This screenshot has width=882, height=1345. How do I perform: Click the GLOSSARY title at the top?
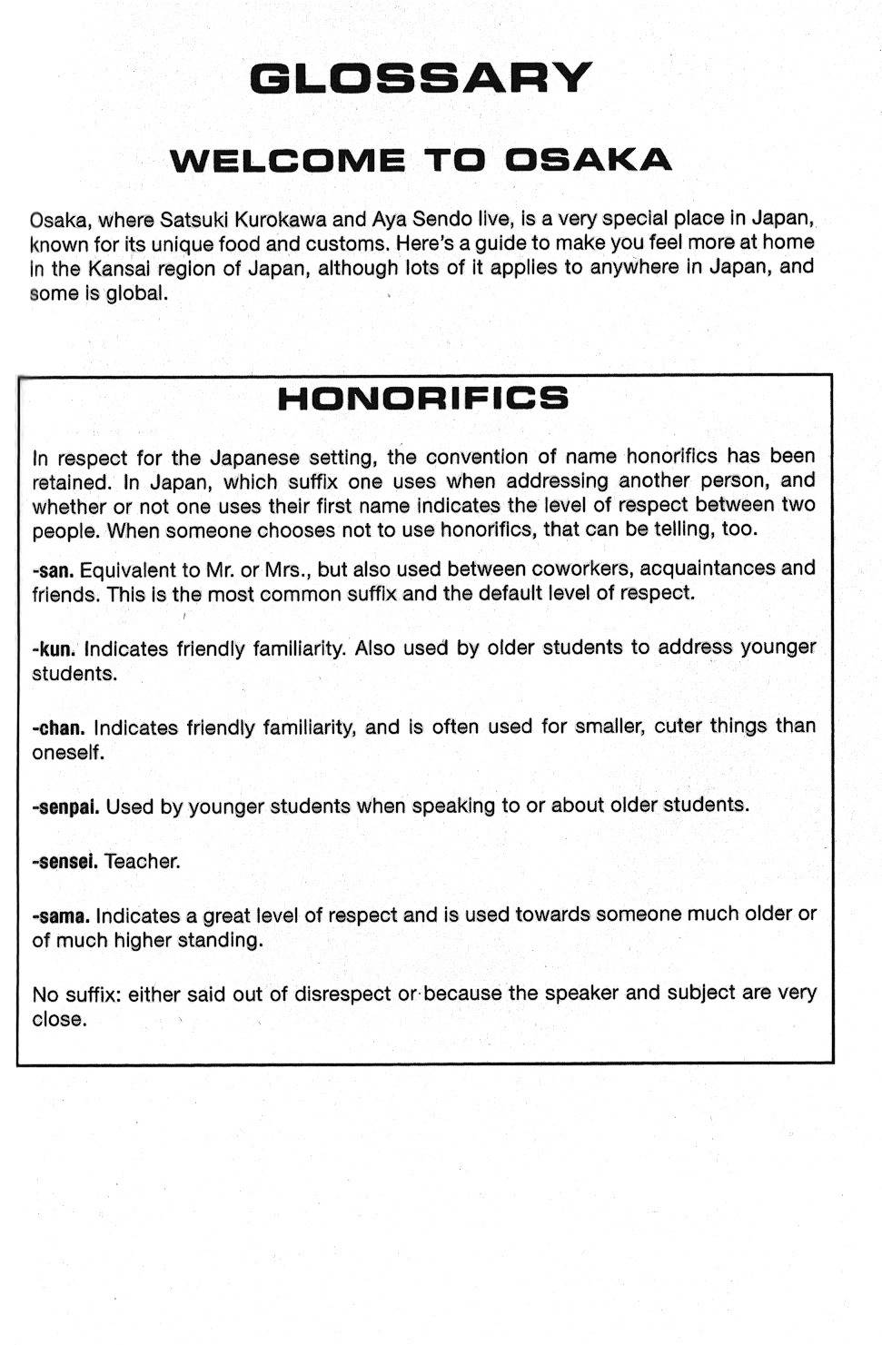point(421,79)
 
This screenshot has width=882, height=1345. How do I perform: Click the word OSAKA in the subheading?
point(588,160)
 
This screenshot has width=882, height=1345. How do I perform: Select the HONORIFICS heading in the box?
point(422,399)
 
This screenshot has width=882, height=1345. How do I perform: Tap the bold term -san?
point(53,571)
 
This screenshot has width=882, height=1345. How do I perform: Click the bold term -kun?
point(54,650)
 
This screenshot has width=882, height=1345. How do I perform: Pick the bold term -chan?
point(58,728)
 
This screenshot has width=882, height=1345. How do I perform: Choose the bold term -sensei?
point(64,862)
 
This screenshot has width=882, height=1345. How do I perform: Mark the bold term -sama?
point(60,916)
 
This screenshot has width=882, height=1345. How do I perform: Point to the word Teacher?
point(143,862)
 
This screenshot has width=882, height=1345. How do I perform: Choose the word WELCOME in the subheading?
point(288,160)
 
